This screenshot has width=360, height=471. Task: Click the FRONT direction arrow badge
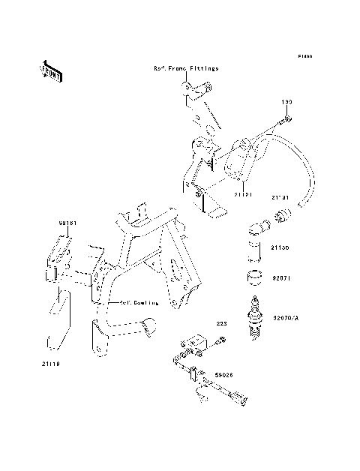[50, 68]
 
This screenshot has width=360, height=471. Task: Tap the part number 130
[286, 101]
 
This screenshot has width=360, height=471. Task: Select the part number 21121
[242, 194]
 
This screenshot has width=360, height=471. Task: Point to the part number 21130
[280, 246]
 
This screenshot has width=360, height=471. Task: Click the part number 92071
[280, 277]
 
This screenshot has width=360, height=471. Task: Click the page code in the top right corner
[304, 56]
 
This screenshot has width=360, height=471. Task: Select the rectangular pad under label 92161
[59, 247]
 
